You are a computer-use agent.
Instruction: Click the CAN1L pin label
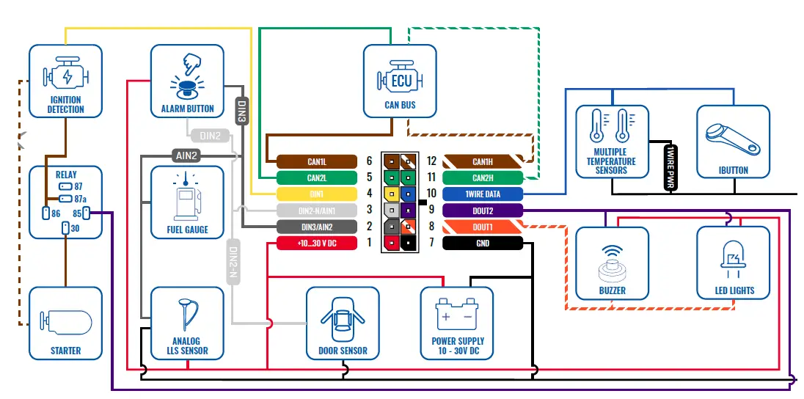(x=317, y=161)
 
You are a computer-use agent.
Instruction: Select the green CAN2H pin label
(x=483, y=178)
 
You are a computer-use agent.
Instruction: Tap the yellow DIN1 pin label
(x=317, y=194)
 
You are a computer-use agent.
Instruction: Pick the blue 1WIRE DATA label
(x=483, y=194)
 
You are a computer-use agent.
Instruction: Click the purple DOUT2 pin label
(x=483, y=211)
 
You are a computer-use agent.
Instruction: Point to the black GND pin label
(x=483, y=243)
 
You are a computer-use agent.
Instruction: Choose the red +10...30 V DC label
(x=317, y=243)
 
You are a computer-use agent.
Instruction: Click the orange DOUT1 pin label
(x=483, y=227)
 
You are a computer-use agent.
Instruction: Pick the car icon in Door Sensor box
(x=343, y=319)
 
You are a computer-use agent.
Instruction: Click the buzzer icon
(x=613, y=263)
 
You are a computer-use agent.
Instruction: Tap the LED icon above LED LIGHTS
(x=734, y=257)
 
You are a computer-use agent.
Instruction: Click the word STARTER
(x=65, y=351)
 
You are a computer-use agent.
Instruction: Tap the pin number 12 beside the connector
(x=431, y=161)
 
